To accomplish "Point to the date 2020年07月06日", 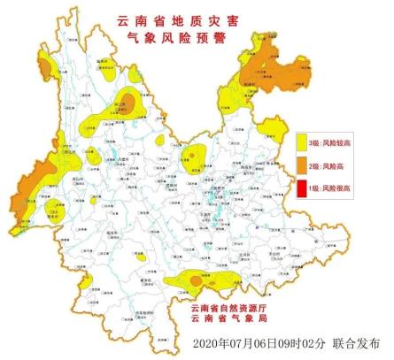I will coord(239,343).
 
